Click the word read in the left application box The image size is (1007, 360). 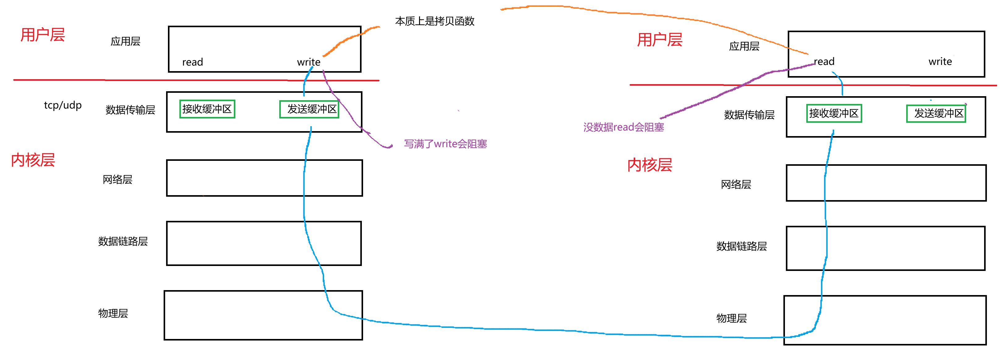(192, 62)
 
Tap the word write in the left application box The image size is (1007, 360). (308, 62)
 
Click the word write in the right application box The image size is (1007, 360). (940, 61)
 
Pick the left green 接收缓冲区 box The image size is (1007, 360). (207, 109)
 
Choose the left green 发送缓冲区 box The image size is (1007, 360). (309, 109)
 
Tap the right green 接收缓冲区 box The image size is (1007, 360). (834, 114)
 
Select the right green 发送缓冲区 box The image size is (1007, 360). (936, 114)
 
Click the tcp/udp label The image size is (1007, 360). (62, 105)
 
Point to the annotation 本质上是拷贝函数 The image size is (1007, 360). (435, 21)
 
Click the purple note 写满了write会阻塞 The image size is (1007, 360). (445, 144)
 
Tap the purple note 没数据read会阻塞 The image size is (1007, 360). (623, 127)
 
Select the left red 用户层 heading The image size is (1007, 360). (43, 35)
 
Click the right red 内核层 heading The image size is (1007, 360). (650, 165)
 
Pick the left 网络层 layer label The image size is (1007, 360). (117, 179)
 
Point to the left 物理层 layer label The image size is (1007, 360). (113, 313)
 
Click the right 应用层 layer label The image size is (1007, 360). (744, 46)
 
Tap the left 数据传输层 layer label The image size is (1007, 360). (130, 110)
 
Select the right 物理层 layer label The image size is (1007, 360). (731, 318)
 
